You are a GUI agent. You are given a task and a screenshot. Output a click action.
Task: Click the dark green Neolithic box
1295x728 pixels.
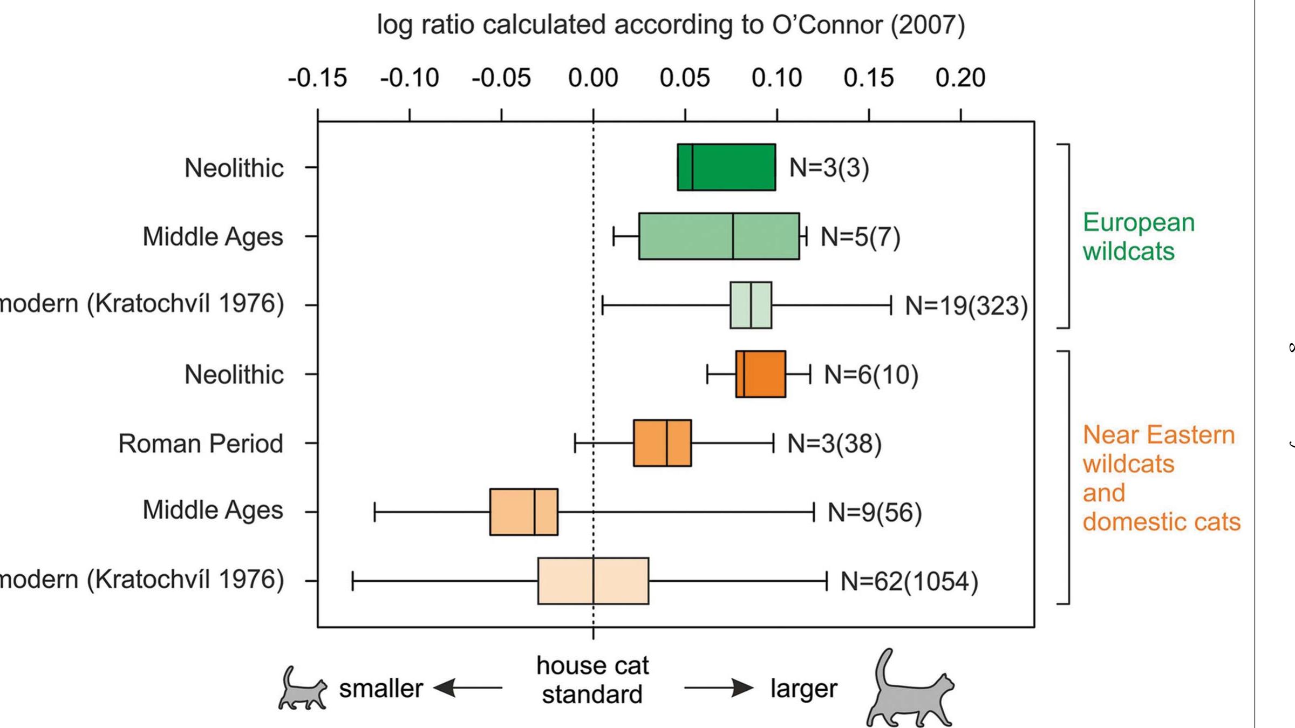726,167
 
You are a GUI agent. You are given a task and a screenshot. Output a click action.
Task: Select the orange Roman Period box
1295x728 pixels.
662,443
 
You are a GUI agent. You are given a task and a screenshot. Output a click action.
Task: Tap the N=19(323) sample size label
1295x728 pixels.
966,305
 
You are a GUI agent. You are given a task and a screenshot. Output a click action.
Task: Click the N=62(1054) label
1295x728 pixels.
909,581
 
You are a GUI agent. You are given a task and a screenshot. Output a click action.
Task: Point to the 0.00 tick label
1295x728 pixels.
592,78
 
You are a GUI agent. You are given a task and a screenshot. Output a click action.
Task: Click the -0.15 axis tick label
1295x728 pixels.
317,78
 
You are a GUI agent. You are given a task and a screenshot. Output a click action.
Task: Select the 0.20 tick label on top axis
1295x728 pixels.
960,78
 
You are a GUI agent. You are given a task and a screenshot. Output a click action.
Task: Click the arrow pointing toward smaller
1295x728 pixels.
467,688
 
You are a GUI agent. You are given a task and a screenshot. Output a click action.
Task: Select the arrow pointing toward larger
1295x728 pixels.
719,688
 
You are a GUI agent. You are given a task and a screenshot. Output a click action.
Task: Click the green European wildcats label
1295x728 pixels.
1139,237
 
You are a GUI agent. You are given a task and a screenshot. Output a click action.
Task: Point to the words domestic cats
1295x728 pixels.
1161,522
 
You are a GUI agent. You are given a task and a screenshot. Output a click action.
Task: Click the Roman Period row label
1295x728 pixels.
200,444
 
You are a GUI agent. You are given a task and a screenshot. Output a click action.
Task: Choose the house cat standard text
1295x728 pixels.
592,680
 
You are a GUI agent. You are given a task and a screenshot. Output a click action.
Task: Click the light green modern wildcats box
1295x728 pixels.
751,305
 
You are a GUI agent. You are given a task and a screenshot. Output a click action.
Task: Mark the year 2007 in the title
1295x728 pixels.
927,25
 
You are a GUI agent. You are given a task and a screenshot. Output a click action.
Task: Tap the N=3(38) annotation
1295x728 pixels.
834,444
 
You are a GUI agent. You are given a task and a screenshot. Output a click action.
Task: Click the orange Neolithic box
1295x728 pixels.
760,374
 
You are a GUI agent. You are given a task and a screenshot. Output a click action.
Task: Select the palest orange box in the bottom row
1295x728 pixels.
593,581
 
